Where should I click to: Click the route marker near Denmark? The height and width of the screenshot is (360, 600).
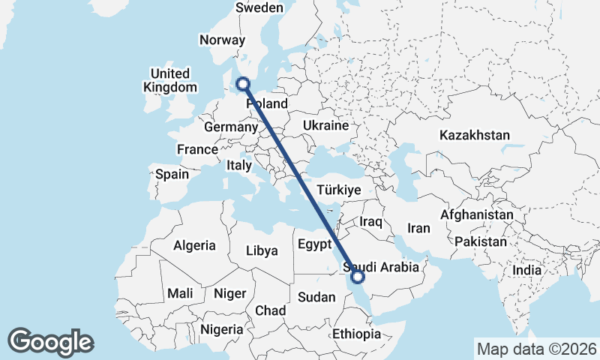[x=243, y=84]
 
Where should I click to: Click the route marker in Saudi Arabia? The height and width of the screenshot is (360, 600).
[x=358, y=277]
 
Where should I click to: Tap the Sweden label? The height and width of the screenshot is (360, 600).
[x=259, y=7]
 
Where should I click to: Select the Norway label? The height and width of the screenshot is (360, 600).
[x=222, y=40]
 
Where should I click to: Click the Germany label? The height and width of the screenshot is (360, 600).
[x=230, y=127]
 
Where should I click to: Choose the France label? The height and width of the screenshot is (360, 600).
[x=197, y=150]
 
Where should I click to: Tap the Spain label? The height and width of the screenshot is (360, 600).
[x=172, y=174]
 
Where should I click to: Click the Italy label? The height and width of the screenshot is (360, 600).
[x=239, y=165]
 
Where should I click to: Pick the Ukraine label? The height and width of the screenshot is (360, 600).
[x=326, y=124]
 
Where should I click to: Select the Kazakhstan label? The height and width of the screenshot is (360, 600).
[x=475, y=136]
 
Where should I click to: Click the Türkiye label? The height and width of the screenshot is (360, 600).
[x=340, y=190]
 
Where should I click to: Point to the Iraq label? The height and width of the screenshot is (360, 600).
[x=371, y=222]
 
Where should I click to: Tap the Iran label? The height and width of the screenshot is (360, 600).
[x=418, y=228]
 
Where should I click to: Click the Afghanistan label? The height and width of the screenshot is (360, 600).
[x=476, y=214]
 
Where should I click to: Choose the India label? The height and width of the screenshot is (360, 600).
[x=526, y=270]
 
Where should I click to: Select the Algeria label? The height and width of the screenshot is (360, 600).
[x=194, y=245]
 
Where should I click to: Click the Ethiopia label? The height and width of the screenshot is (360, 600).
[x=356, y=334]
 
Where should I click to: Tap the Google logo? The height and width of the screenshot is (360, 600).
[x=50, y=342]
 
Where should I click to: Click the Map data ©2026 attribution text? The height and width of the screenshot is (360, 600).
[x=536, y=349]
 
